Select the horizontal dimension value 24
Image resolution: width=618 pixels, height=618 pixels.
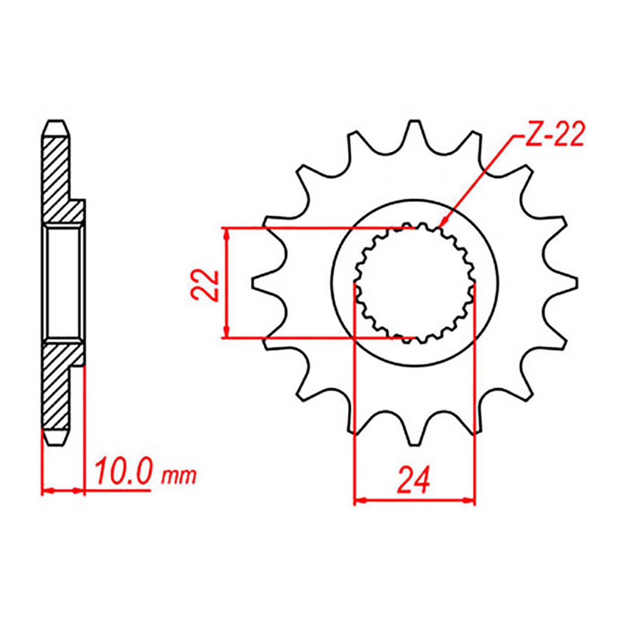tap(414, 480)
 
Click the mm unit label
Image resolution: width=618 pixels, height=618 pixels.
tap(179, 477)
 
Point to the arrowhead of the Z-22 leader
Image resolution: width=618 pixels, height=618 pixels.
tap(443, 224)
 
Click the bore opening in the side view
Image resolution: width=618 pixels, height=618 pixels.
tap(64, 284)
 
